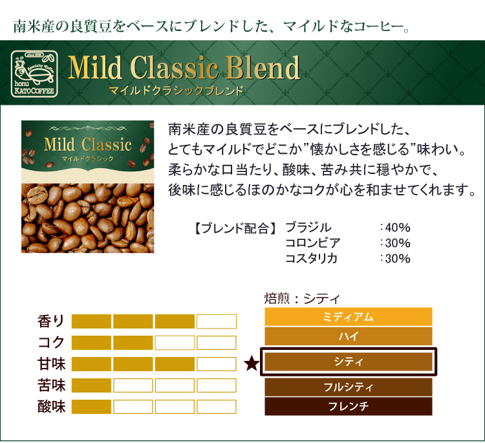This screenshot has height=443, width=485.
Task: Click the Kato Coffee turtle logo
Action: coord(34,74)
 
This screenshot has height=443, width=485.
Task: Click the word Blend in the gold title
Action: coord(263,67)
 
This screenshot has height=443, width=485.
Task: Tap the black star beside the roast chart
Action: coord(252,363)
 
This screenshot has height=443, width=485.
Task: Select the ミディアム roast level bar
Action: coord(349,316)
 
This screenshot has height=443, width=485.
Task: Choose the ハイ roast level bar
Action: coord(349,336)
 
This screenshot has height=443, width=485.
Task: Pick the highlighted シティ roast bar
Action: coord(349,362)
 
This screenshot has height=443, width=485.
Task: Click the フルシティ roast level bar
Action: coord(349,387)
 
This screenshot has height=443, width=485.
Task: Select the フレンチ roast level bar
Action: coord(349,406)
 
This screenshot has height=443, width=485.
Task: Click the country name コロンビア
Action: coord(313,243)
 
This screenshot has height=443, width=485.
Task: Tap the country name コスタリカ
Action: coord(311,258)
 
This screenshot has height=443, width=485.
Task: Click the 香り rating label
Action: coord(51,321)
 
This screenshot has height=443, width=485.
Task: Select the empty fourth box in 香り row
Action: coord(217,321)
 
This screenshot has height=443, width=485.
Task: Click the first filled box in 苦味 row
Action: coord(91,385)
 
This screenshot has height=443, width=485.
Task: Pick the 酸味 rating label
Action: coord(51,407)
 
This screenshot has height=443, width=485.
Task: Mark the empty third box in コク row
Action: coord(175,343)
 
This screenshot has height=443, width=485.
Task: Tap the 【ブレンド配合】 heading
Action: coord(235,228)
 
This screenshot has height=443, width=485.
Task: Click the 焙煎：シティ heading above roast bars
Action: coord(302,299)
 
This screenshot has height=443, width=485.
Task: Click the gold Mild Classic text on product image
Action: coord(88,144)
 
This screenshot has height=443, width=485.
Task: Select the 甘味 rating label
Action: coord(51,364)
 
